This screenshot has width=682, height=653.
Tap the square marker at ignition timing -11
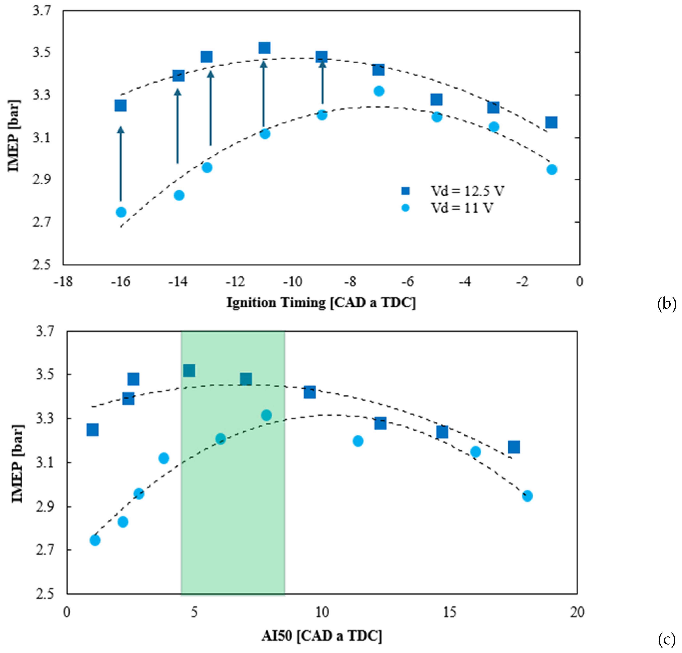click(264, 48)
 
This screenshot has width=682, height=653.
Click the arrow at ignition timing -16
click(121, 164)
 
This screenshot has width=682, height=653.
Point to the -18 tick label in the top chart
click(63, 281)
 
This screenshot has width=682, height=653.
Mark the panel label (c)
click(666, 639)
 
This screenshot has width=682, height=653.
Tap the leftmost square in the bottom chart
click(92, 430)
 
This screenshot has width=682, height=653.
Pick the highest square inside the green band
click(189, 371)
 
